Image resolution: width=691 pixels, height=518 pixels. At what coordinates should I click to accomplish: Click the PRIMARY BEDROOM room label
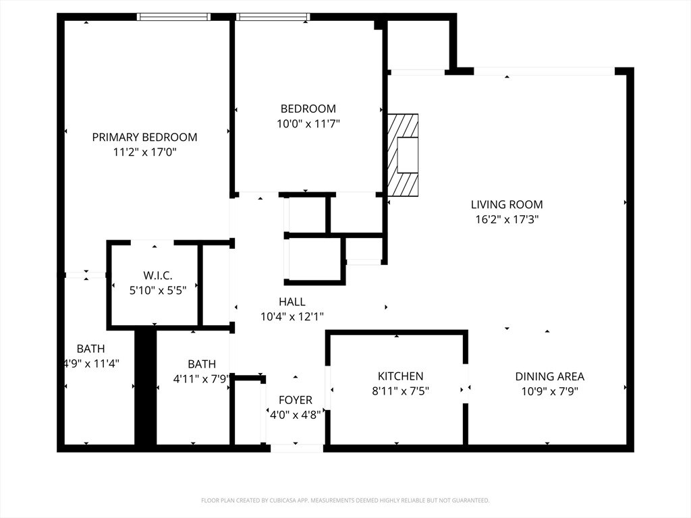(x=144, y=137)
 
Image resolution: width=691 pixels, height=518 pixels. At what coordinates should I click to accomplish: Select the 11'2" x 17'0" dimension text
(x=144, y=152)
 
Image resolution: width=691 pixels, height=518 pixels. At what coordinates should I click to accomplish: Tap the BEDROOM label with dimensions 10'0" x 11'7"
(x=308, y=109)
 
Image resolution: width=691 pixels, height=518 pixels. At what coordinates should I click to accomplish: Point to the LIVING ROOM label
(x=506, y=204)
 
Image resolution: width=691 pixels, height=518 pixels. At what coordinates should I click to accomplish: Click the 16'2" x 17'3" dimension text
(x=506, y=219)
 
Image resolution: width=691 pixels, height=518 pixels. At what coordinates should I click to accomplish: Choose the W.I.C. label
(x=157, y=275)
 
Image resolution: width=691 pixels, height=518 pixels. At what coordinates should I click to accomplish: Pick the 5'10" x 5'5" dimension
(x=157, y=290)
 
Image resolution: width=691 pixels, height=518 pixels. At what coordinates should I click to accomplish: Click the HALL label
(x=292, y=301)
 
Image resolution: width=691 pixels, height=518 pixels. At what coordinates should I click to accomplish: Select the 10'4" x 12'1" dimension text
(x=292, y=316)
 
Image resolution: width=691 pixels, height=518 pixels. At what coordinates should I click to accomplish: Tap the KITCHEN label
(x=400, y=376)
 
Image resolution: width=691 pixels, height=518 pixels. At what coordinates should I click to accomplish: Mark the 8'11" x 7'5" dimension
(x=400, y=391)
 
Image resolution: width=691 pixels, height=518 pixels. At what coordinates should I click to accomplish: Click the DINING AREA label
(x=549, y=376)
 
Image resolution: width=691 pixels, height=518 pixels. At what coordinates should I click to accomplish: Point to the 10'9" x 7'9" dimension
(x=549, y=391)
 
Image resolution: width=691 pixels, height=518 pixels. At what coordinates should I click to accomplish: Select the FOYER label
(x=296, y=400)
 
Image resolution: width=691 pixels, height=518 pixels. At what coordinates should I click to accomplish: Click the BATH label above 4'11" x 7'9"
(x=202, y=364)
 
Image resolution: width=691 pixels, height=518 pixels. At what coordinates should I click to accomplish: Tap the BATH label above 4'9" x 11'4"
(x=90, y=349)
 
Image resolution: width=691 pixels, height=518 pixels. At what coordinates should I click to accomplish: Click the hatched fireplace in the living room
(x=403, y=154)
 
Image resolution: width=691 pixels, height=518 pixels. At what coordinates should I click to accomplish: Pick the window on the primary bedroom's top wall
(x=173, y=17)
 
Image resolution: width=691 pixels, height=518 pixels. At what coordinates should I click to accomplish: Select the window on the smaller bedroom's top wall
(x=273, y=17)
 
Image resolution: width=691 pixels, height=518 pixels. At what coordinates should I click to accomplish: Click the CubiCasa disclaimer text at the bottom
(x=345, y=500)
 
